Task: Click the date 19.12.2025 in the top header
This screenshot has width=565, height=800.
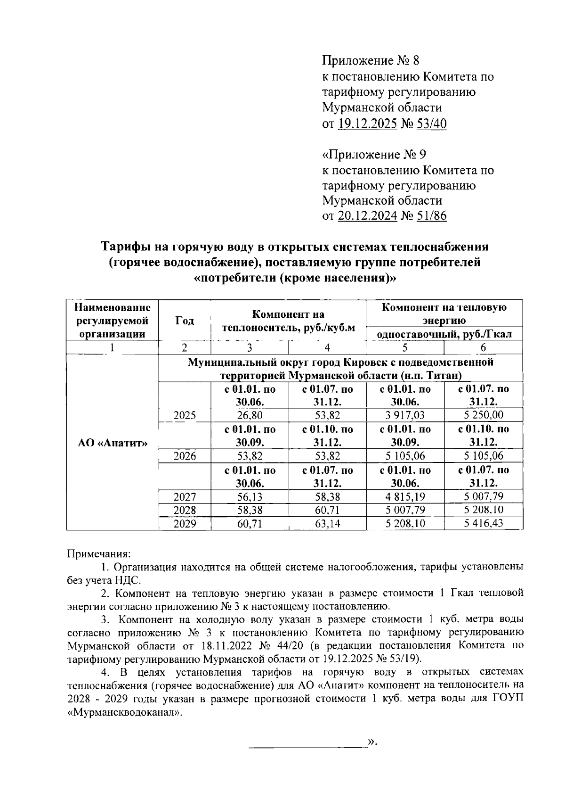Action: [367, 124]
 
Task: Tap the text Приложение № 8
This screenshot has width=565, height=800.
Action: [370, 61]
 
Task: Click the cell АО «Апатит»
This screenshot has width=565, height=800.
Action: [112, 443]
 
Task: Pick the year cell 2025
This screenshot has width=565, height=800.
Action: [185, 415]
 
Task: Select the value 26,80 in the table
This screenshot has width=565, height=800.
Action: [250, 415]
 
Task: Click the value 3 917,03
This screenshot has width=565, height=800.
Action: [404, 415]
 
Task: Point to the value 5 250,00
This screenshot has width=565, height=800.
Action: [483, 415]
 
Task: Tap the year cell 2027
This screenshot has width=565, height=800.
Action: [185, 496]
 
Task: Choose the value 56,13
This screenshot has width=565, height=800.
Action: [250, 496]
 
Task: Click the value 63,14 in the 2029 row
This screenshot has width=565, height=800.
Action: [327, 524]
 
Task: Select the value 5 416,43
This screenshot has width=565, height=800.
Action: [483, 524]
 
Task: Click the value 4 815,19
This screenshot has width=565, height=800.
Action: [404, 496]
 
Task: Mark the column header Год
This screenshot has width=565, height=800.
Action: [185, 321]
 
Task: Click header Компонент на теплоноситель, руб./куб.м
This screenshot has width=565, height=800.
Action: [288, 321]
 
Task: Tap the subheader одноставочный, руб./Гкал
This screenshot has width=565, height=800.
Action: [444, 334]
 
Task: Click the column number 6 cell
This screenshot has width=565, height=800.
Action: [483, 348]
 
